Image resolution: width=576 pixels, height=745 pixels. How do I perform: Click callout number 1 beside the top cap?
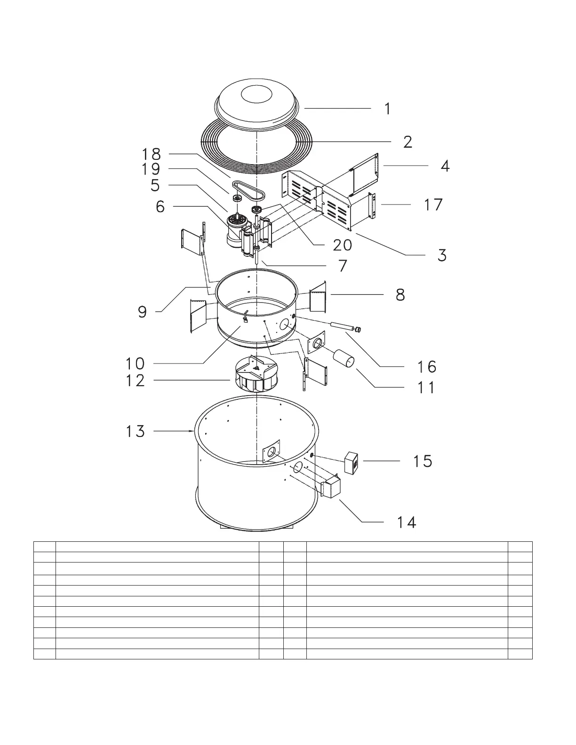pos(387,109)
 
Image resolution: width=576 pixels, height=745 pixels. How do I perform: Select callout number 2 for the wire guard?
pos(408,142)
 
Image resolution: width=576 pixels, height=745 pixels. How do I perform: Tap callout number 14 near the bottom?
pos(407,523)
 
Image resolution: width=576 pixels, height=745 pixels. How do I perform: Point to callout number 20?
pos(343,245)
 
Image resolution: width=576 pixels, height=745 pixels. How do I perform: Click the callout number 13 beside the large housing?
pos(136,431)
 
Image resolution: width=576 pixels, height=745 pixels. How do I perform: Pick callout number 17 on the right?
pos(433,205)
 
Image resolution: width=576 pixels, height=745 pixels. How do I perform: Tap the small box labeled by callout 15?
pos(351,463)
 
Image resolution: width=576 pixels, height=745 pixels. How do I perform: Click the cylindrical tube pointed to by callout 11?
pos(344,358)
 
